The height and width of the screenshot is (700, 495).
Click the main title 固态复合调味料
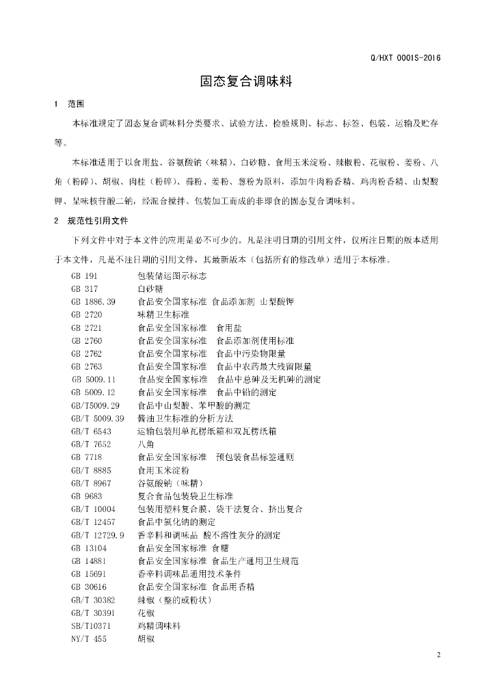246,81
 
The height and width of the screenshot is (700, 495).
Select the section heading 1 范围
68,105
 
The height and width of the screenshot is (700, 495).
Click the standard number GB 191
85,275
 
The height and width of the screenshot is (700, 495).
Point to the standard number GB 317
85,288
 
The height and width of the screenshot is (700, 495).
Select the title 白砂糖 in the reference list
150,288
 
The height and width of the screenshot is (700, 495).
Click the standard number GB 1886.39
93,301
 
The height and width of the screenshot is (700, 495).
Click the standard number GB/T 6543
91,431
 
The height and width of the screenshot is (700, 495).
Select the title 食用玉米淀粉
163,470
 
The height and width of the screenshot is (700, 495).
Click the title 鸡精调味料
159,625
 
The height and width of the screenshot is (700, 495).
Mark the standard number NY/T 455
87,638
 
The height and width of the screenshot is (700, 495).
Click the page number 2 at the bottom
438,656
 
